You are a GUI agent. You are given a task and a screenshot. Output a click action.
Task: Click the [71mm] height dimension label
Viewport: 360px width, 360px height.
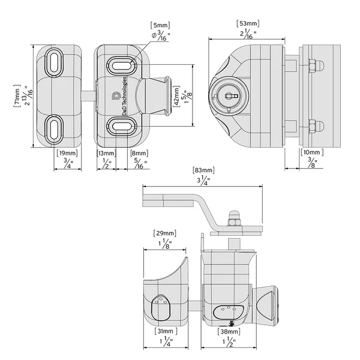17,96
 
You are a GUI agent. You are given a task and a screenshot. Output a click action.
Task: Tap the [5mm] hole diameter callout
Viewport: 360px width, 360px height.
160,25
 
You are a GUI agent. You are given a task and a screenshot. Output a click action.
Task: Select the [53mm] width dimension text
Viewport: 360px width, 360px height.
248,23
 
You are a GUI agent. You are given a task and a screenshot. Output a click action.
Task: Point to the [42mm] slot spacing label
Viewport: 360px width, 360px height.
176,96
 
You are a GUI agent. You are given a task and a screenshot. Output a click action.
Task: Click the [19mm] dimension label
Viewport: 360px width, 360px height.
67,153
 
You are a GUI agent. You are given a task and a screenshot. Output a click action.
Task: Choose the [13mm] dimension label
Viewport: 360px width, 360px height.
106,153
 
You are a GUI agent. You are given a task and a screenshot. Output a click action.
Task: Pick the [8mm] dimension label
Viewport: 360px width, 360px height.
139,153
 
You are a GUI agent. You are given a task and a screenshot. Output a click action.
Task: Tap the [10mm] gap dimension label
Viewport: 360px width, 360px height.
312,152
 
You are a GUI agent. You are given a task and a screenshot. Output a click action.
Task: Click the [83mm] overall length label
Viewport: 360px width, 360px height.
203,170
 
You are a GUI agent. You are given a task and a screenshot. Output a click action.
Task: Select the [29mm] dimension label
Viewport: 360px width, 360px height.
165,233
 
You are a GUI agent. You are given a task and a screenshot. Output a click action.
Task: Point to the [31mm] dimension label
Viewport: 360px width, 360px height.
166,331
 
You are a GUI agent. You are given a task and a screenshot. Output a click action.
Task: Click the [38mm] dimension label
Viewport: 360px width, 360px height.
229,331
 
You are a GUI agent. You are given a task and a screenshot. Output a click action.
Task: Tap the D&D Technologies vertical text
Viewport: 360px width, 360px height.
124,96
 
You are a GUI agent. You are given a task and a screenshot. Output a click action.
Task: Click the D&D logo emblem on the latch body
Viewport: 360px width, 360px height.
116,96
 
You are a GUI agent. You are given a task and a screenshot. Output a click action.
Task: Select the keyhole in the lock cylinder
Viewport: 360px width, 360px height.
230,95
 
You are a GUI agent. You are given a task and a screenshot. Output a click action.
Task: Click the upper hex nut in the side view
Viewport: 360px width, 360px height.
312,66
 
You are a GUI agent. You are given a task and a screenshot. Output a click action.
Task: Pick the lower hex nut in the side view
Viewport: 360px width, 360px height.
312,127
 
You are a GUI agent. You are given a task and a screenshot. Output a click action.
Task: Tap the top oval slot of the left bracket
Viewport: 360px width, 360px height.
54,62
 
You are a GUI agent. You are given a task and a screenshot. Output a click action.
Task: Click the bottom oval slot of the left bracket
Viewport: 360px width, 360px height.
54,129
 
